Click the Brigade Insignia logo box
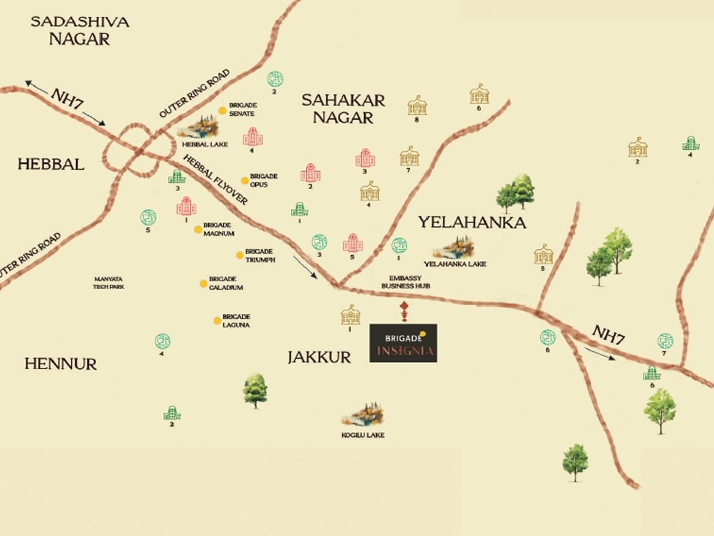(x=403, y=343)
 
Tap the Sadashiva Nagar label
(x=79, y=30)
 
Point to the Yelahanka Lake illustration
(x=454, y=247)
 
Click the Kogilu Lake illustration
(x=363, y=415)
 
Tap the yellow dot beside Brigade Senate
(x=222, y=110)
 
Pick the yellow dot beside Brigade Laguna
(x=217, y=320)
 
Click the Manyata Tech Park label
(x=108, y=283)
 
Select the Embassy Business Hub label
(x=405, y=282)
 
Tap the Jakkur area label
(x=319, y=357)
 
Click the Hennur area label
(x=61, y=364)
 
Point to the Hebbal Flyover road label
(x=215, y=179)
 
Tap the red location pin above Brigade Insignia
(x=403, y=309)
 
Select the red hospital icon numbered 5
(x=353, y=244)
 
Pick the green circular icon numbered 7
(x=665, y=341)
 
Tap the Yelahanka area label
(x=471, y=223)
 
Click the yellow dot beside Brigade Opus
(x=244, y=180)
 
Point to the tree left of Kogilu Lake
(x=255, y=390)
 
